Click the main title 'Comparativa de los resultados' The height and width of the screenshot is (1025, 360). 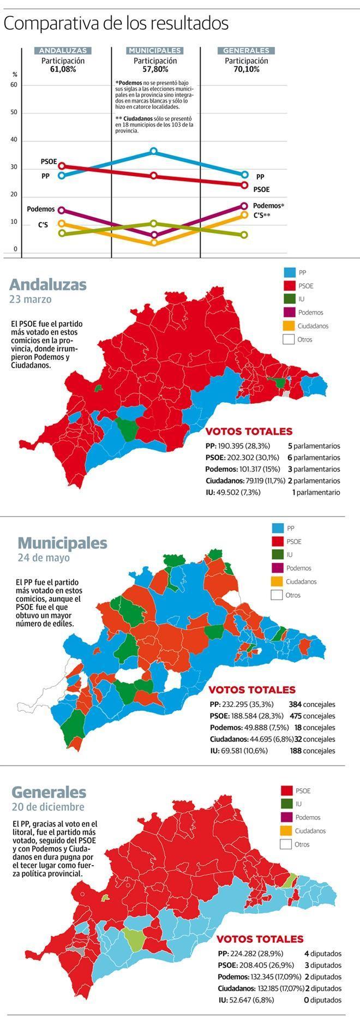click(x=116, y=25)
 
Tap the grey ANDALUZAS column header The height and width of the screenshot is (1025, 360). click(x=63, y=51)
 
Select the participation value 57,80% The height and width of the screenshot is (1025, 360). click(x=155, y=70)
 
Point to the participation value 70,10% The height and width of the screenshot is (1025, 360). click(x=247, y=70)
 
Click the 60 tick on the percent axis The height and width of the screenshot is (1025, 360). click(x=14, y=85)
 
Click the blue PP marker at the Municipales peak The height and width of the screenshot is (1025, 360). click(x=154, y=151)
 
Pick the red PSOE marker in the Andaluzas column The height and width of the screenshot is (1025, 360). click(x=62, y=166)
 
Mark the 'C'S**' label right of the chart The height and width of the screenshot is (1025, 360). click(x=262, y=215)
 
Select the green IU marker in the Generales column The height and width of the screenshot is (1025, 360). click(x=244, y=235)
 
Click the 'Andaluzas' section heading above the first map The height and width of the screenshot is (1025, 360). click(x=48, y=284)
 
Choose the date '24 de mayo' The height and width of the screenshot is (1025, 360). click(x=44, y=558)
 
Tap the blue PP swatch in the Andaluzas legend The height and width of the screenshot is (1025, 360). click(x=289, y=272)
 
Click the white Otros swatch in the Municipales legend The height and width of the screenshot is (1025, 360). click(x=277, y=595)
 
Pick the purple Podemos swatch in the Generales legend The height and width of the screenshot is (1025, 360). click(x=286, y=817)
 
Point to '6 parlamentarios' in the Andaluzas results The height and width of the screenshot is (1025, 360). click(x=314, y=458)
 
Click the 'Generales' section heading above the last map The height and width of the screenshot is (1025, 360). click(x=49, y=792)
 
